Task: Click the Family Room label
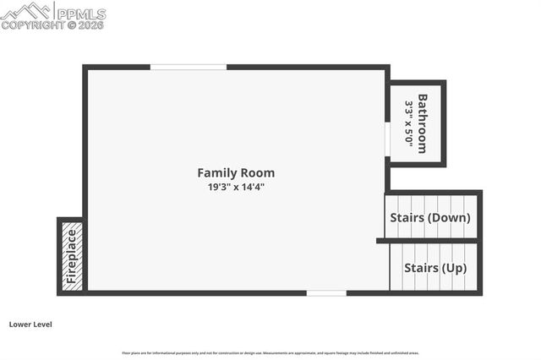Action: tap(236, 172)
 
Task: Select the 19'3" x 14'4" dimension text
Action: tap(236, 187)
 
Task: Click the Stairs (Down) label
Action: tap(429, 217)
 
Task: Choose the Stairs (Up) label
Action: tap(434, 268)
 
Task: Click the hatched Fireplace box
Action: tap(72, 256)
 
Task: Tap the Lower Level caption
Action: tap(30, 324)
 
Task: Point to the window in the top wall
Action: tap(188, 67)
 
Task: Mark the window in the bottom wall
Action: tap(326, 293)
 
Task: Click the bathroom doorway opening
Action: tap(387, 139)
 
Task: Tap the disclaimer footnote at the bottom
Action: tap(270, 352)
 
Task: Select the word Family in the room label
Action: tap(216, 172)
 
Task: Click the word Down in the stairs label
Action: tap(450, 217)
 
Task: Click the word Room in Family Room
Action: tap(257, 172)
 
